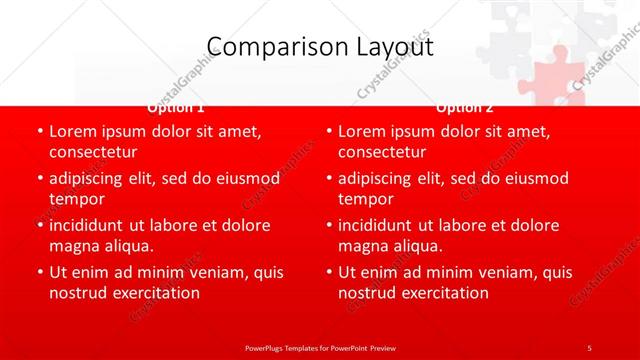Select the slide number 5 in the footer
(589, 347)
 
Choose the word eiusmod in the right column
(535, 178)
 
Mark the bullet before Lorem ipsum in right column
(328, 131)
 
